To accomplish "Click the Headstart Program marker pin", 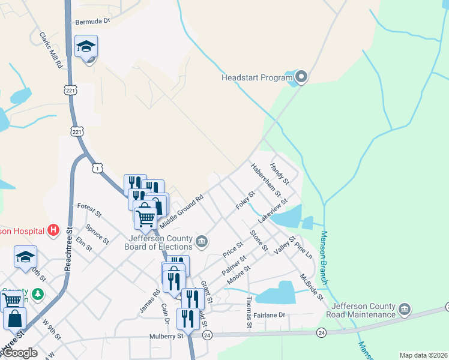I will point(301,77).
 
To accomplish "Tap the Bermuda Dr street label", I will point(93,22).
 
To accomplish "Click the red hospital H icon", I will point(53,229).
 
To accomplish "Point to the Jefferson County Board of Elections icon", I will point(201,242).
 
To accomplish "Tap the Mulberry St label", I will point(166,337).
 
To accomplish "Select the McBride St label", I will point(312,288).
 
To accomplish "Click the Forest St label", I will point(89,209).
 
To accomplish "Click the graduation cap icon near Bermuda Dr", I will point(86,46).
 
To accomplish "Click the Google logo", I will point(19,353).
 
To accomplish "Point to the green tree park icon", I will point(38,293).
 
